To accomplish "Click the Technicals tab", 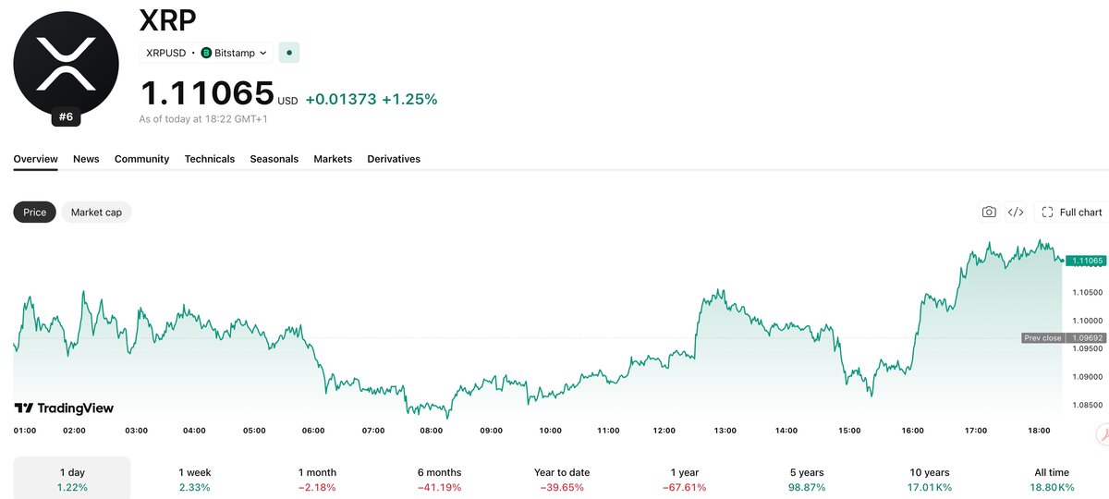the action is point(210,159).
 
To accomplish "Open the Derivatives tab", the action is point(394,159).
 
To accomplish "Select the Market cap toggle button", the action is point(96,213).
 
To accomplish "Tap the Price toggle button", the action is point(35,213).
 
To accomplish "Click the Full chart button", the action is point(1072,213).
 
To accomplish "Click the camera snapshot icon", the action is point(989,213).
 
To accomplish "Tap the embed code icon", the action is point(1016,213).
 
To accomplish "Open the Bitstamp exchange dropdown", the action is point(235,53).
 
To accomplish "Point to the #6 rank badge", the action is point(66,116).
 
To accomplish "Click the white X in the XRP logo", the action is point(66,65).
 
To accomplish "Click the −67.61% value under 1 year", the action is point(684,488).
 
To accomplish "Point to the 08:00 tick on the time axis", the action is point(432,431).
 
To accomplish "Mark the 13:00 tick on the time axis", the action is point(725,431).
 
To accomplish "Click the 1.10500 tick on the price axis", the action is point(1088,293).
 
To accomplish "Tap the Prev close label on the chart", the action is point(1042,338).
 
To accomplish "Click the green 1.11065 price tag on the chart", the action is point(1086,261).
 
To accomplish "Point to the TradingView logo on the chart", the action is point(64,408).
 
